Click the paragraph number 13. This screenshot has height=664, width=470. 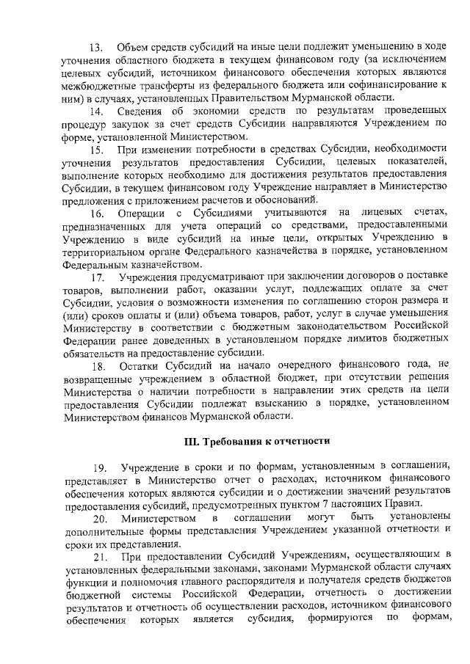(95, 48)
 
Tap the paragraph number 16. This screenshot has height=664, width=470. (95, 214)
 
